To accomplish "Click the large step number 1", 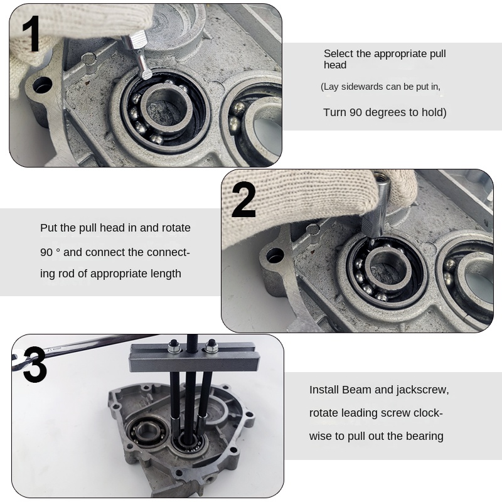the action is coord(31,34).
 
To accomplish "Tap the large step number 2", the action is coord(243,200).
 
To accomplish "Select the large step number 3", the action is coord(35,365).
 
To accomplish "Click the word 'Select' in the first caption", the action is coord(338,53).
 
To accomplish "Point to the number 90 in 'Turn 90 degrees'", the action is coord(355,112).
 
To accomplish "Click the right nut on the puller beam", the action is coord(211,346).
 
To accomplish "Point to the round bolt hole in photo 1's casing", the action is coord(42,85).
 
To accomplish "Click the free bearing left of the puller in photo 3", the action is coord(146,432).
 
